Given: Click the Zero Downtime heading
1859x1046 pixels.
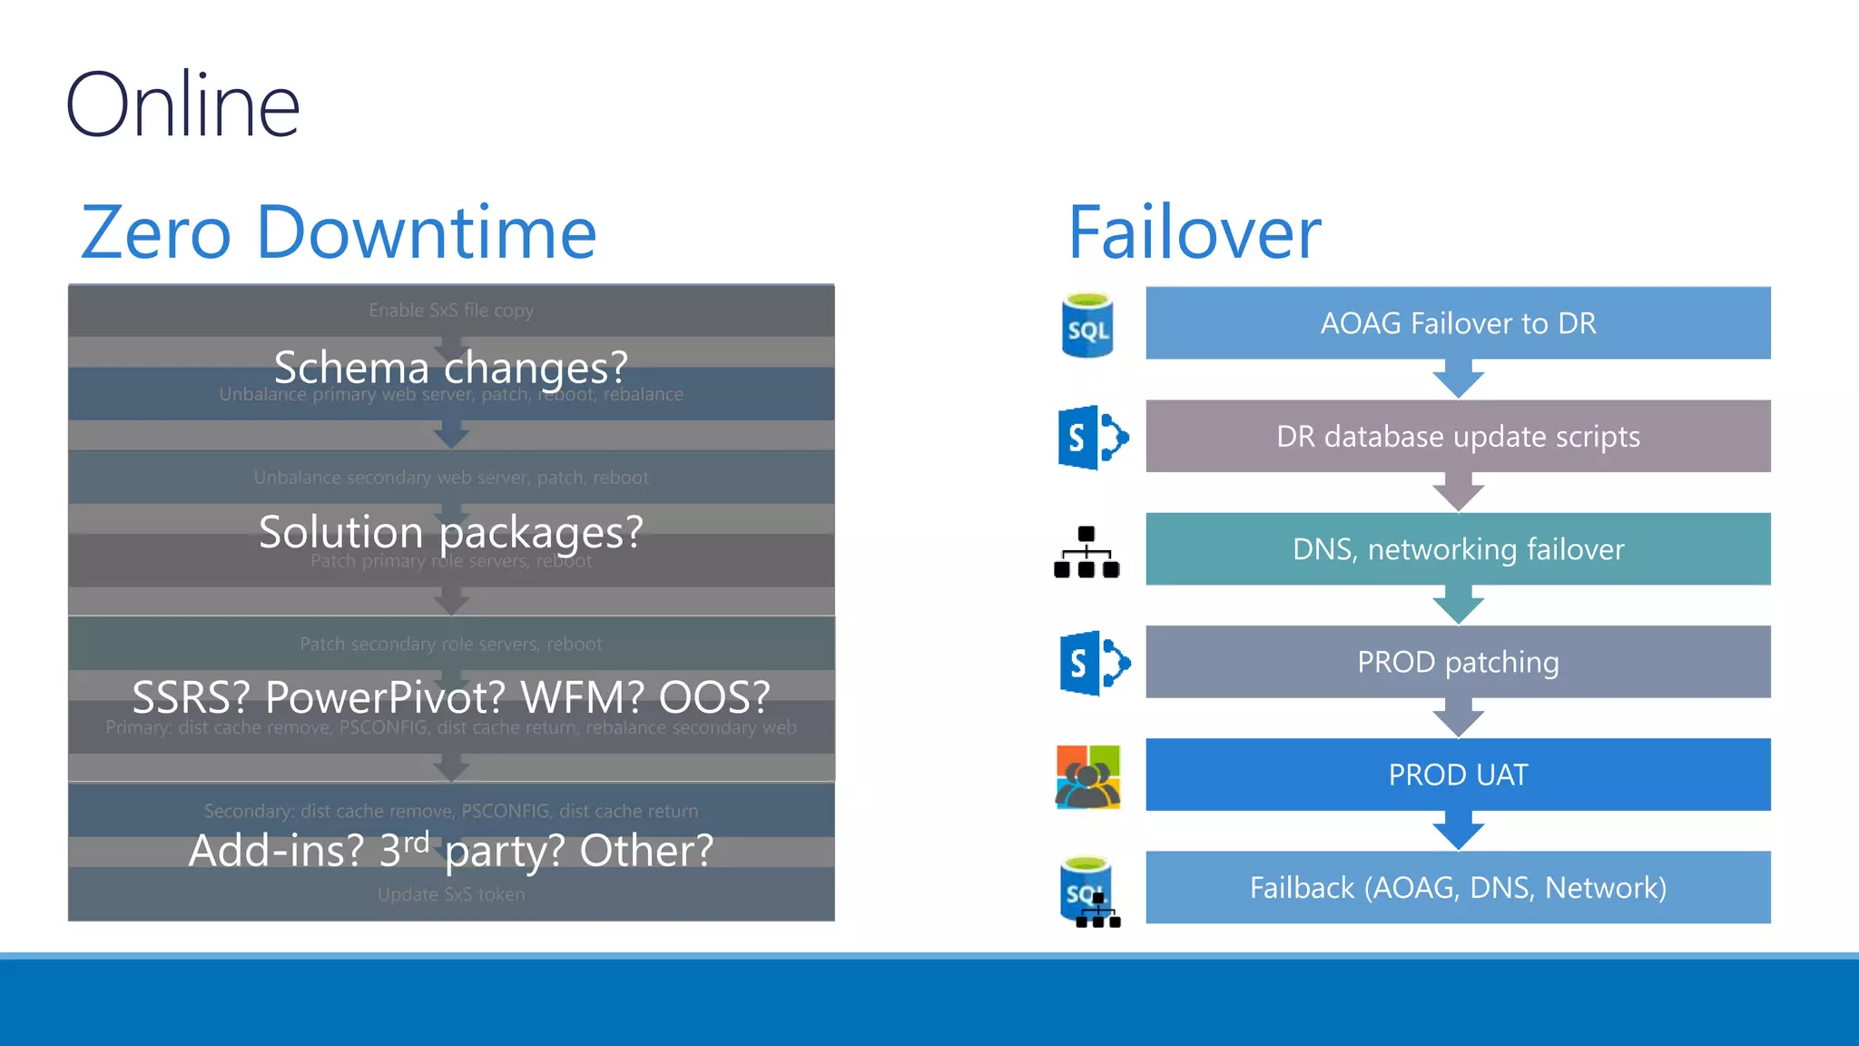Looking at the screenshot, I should pyautogui.click(x=339, y=232).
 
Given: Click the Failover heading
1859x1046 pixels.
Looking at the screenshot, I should pyautogui.click(x=1194, y=232).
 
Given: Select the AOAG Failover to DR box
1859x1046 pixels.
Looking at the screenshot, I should pyautogui.click(x=1457, y=323).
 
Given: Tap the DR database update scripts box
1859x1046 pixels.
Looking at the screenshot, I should pyautogui.click(x=1457, y=437).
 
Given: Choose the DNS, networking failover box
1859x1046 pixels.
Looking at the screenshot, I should pyautogui.click(x=1457, y=549).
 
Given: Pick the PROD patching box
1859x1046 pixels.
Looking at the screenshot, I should pyautogui.click(x=1457, y=662).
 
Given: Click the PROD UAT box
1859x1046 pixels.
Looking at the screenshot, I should pyautogui.click(x=1457, y=775).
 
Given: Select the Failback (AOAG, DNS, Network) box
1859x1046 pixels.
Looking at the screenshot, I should pyautogui.click(x=1457, y=887).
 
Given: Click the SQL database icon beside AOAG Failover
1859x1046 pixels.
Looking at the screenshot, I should pyautogui.click(x=1087, y=325).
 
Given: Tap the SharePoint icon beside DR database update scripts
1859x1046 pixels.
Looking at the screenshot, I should pyautogui.click(x=1092, y=438).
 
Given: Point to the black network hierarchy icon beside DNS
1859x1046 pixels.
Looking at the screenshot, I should pyautogui.click(x=1087, y=552).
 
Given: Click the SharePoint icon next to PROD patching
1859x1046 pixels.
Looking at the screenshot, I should pyautogui.click(x=1094, y=663).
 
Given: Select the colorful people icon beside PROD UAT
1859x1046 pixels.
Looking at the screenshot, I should pyautogui.click(x=1088, y=776).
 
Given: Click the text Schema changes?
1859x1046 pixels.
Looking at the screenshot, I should pyautogui.click(x=451, y=368).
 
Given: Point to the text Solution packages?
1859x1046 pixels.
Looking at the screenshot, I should pyautogui.click(x=451, y=532).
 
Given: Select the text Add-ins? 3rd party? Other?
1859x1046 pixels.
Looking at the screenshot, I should pyautogui.click(x=451, y=851).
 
